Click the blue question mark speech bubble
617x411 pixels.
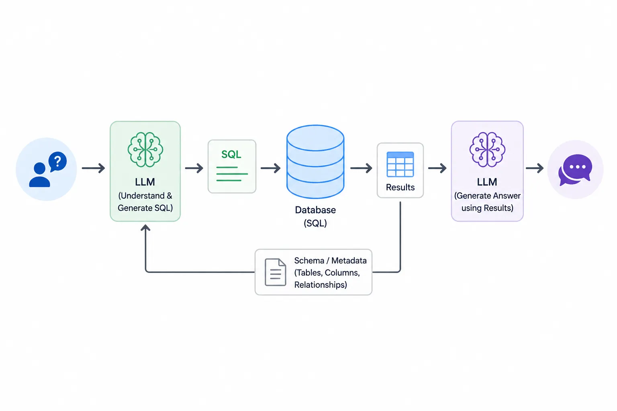click(58, 161)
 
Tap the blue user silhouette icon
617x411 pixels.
click(39, 175)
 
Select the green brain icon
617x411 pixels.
click(145, 149)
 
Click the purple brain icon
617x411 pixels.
click(487, 149)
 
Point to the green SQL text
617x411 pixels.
click(231, 155)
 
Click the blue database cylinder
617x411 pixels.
click(315, 161)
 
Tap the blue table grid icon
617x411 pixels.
click(400, 165)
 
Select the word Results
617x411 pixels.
click(400, 187)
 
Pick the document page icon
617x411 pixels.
click(276, 272)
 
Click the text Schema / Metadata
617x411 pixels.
click(330, 260)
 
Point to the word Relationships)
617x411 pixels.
click(321, 285)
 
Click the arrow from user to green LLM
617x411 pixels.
click(93, 168)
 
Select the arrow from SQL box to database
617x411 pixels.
click(270, 168)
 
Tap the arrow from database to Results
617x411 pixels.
click(361, 168)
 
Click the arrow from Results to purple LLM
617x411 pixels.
click(437, 168)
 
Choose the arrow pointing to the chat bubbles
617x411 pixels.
click(535, 168)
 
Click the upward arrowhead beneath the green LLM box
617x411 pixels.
click(145, 228)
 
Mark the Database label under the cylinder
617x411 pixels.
click(315, 210)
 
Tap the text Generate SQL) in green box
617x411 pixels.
click(145, 208)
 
